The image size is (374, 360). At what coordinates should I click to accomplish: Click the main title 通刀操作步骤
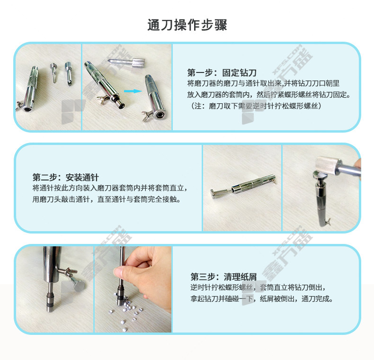[187, 25]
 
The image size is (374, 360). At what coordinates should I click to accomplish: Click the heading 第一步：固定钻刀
[222, 72]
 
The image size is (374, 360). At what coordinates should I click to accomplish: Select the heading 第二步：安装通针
[66, 177]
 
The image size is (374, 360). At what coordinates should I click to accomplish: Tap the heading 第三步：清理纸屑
[223, 277]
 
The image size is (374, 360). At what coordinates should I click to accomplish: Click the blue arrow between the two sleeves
[133, 91]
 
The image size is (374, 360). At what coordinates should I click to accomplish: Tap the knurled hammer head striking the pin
[328, 165]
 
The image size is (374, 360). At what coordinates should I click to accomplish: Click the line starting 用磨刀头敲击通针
[107, 199]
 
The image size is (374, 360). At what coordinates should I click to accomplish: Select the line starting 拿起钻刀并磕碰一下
[261, 298]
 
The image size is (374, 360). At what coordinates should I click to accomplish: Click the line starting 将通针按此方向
[110, 188]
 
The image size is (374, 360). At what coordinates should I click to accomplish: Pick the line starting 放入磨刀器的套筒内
[269, 95]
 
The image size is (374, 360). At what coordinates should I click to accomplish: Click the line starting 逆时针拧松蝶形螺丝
[258, 288]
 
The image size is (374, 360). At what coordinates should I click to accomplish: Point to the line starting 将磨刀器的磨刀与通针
[263, 83]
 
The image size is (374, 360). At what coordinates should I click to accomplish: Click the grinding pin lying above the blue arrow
[126, 63]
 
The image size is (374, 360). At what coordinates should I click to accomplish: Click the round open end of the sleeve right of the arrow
[159, 115]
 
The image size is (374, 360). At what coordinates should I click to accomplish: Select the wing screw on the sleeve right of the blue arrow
[147, 115]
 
